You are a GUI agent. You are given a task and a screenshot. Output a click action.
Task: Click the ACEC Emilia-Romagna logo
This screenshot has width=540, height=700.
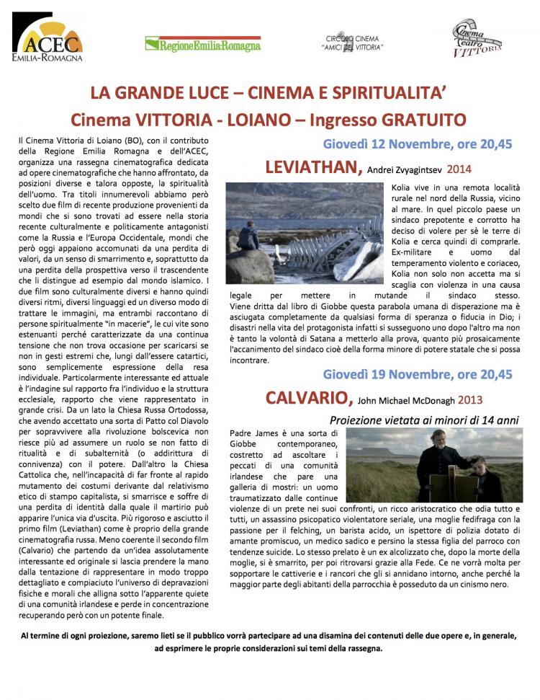tap(47, 41)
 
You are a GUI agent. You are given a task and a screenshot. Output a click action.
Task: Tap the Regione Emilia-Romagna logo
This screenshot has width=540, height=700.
tap(202, 45)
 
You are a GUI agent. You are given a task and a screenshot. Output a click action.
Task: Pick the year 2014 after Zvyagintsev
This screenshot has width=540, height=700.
tap(460, 169)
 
